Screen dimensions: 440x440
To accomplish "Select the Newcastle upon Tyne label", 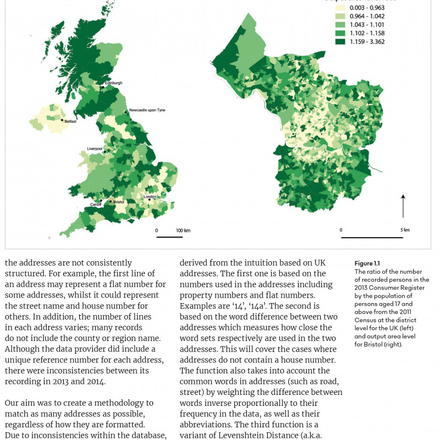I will tap(147, 110).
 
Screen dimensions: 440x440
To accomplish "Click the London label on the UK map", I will tap(150, 196).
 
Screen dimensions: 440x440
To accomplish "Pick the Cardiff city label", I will tap(96, 205).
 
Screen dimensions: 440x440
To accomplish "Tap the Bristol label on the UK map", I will tap(119, 202).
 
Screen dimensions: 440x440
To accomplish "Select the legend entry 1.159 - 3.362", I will tap(369, 40).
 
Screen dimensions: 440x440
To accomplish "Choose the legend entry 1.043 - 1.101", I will tap(369, 24).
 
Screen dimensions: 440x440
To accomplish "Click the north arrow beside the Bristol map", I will tap(403, 205).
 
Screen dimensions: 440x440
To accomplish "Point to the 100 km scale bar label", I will tap(183, 230).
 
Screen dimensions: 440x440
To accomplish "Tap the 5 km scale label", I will tap(405, 230).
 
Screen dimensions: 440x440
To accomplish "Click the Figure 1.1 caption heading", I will tap(367, 263).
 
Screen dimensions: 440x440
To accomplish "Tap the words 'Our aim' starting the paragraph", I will tap(20, 403).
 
